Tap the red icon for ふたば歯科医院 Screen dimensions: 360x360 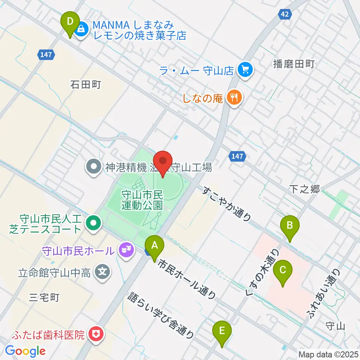(x=95, y=334)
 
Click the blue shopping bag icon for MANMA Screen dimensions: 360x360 (x=81, y=28)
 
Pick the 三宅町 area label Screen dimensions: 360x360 (x=44, y=298)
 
